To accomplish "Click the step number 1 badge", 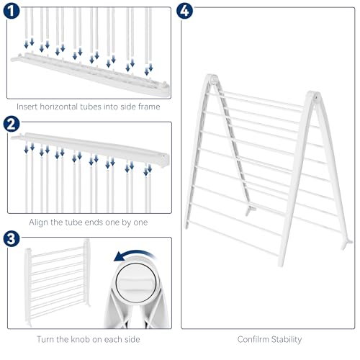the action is pyautogui.click(x=12, y=11).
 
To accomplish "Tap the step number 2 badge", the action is pyautogui.click(x=12, y=124).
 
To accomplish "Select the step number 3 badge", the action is pyautogui.click(x=12, y=239).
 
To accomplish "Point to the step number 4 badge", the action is pyautogui.click(x=184, y=11).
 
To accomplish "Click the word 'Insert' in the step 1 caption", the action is pyautogui.click(x=27, y=107).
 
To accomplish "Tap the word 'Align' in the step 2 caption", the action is pyautogui.click(x=38, y=222).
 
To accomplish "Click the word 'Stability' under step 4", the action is pyautogui.click(x=287, y=340).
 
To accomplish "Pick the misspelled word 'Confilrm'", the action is pyautogui.click(x=253, y=339).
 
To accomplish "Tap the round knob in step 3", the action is pyautogui.click(x=136, y=282).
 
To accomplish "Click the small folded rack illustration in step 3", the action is pyautogui.click(x=57, y=282).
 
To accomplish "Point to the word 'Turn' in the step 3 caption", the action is pyautogui.click(x=44, y=339).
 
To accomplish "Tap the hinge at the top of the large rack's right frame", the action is pyautogui.click(x=313, y=96).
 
